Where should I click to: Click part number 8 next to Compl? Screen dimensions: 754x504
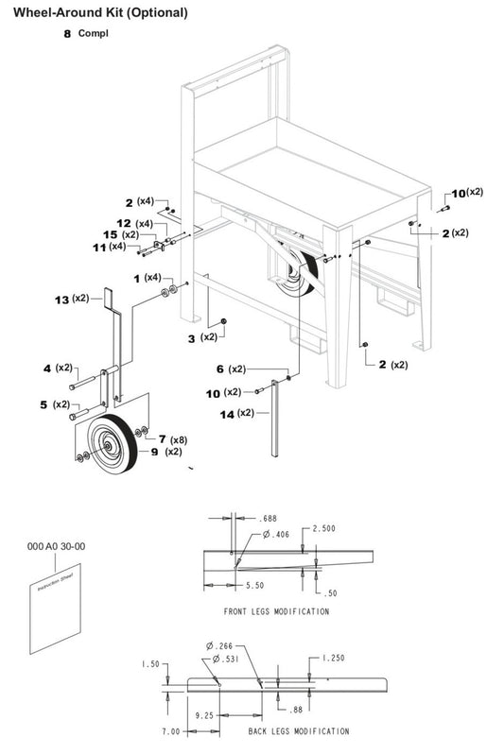(x=67, y=33)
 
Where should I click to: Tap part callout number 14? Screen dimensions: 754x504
(x=226, y=413)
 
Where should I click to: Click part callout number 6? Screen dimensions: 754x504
(x=219, y=368)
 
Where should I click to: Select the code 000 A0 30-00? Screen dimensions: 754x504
(x=57, y=546)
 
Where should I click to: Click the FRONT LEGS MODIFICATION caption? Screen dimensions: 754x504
(x=276, y=611)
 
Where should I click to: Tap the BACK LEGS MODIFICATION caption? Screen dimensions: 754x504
(x=298, y=731)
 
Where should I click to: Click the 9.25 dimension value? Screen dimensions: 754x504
(x=201, y=716)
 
